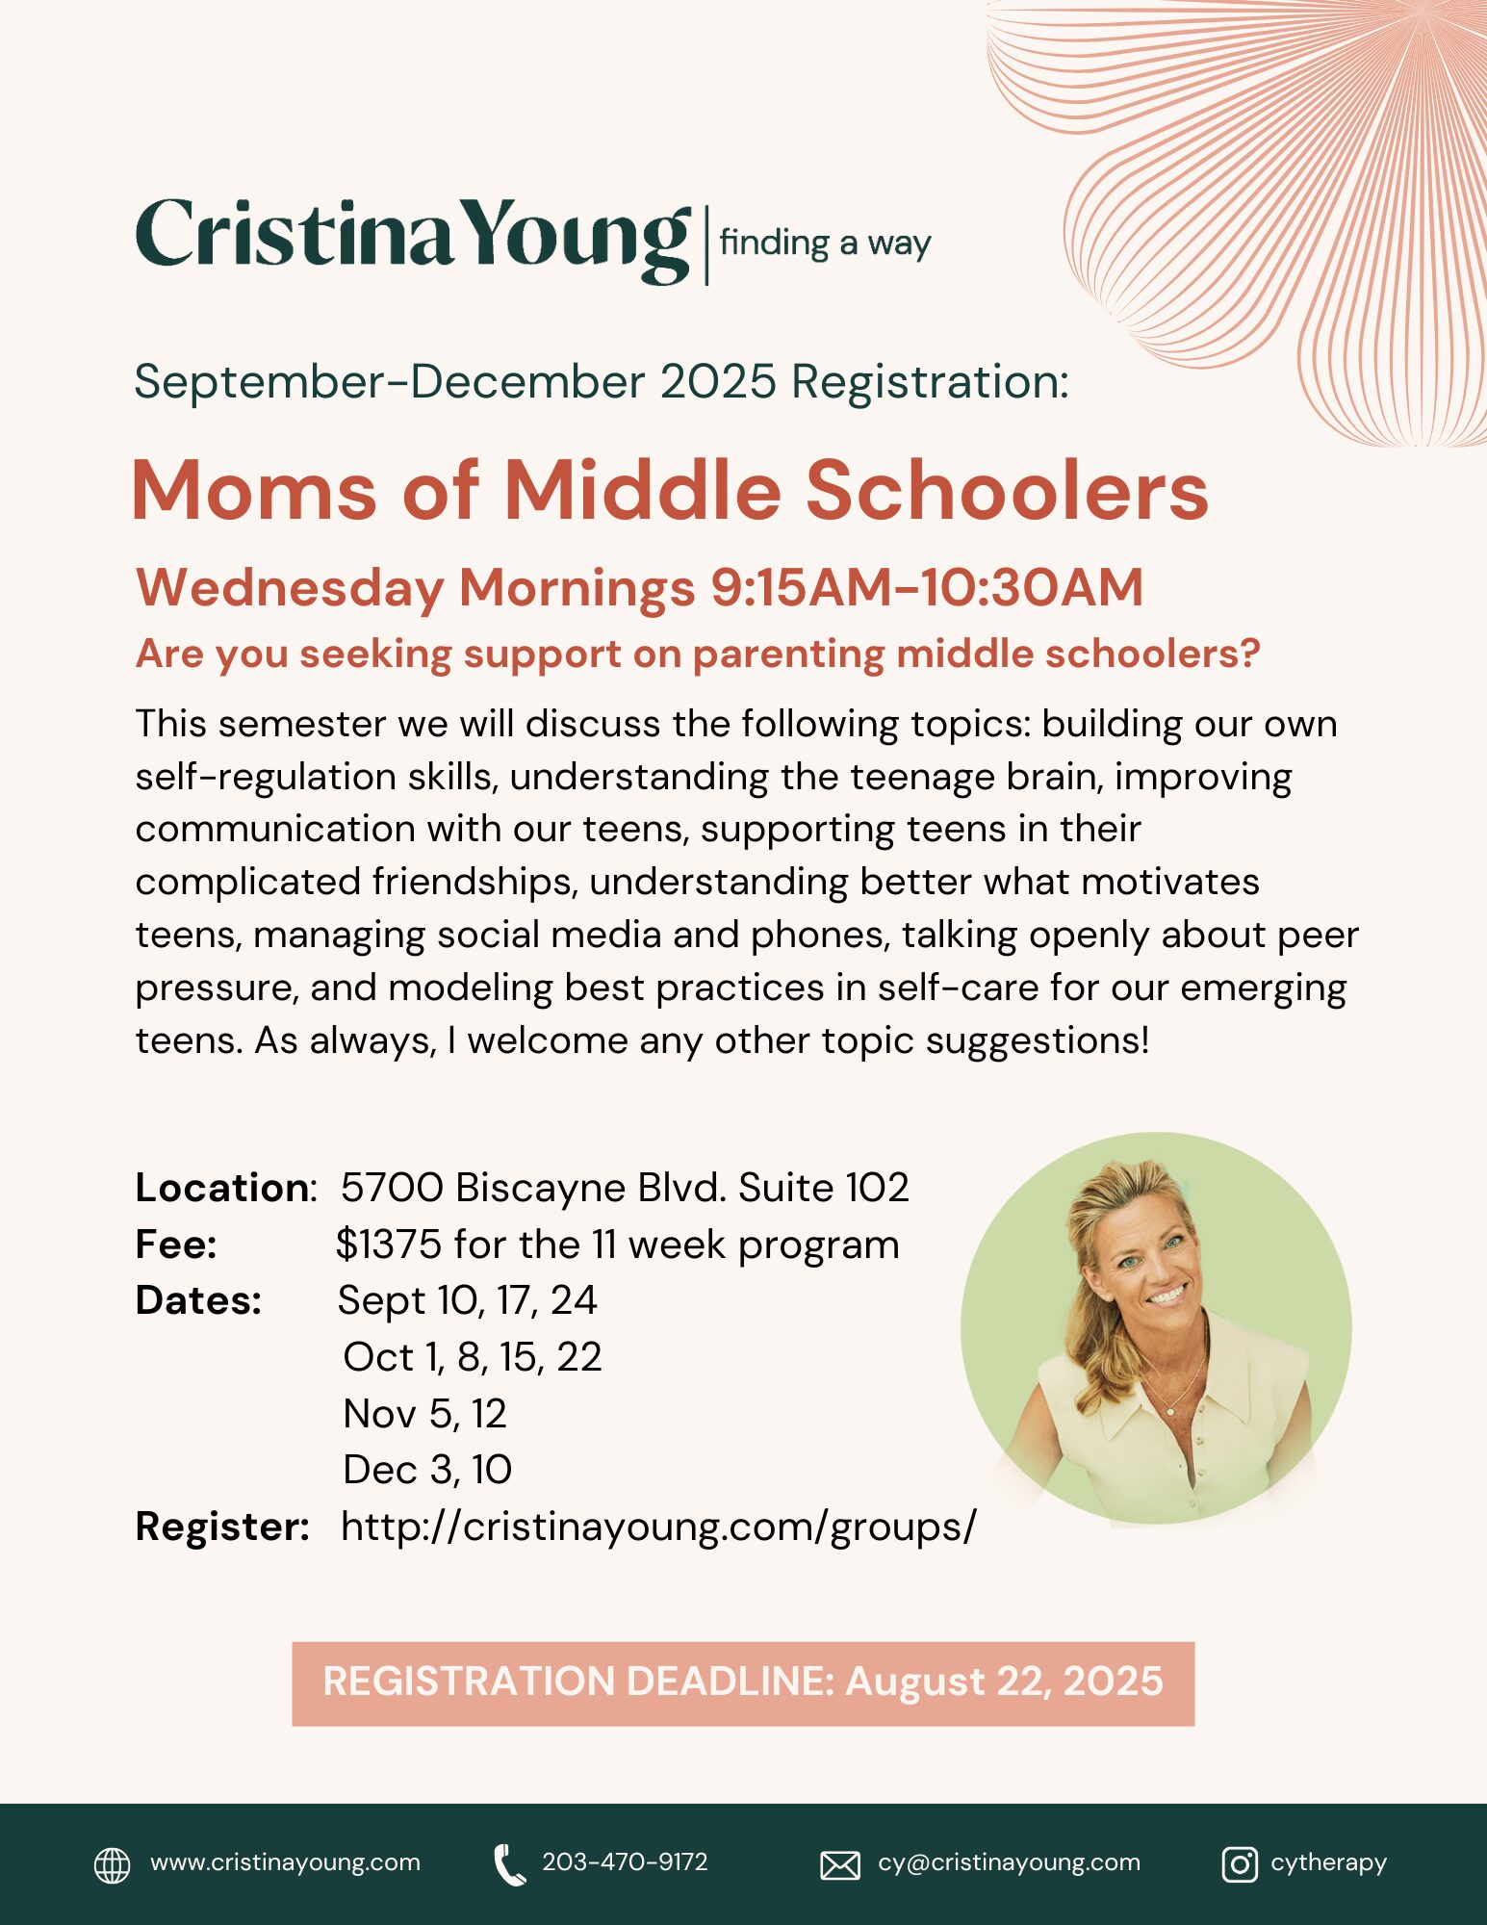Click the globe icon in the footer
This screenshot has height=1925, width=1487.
point(112,1864)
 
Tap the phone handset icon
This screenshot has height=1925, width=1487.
point(508,1864)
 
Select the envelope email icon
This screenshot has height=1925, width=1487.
point(839,1865)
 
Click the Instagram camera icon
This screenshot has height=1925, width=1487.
point(1239,1864)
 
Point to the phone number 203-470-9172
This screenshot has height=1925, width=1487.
point(625,1862)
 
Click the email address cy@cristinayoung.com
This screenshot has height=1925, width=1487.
point(1009,1862)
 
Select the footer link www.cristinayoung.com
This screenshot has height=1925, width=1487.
point(285,1862)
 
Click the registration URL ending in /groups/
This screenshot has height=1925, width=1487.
point(658,1527)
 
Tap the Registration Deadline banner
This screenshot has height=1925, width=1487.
point(743,1683)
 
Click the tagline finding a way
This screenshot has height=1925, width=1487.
point(825,244)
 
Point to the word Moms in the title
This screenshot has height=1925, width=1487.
point(254,491)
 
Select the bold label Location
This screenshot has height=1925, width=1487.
point(222,1188)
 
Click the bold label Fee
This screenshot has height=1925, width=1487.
point(176,1245)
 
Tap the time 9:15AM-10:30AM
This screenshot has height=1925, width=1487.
point(927,587)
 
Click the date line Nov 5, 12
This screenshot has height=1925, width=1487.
point(424,1414)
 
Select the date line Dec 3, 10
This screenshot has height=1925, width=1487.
point(427,1470)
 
